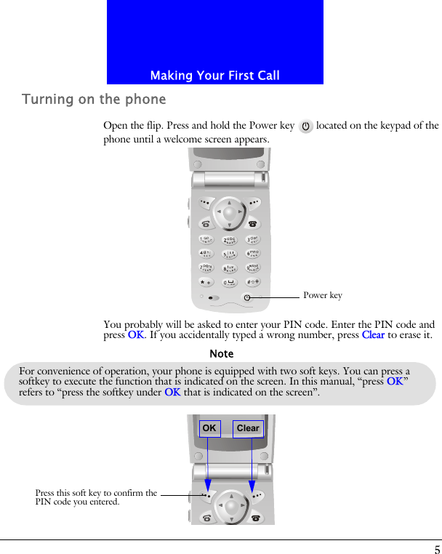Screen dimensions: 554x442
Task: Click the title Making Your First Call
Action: [x=214, y=76]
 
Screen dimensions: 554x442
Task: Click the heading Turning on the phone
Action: [x=94, y=100]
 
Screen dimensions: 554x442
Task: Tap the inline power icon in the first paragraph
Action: [x=305, y=127]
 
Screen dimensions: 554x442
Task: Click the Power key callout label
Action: [x=322, y=295]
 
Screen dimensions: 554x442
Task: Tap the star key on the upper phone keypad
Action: [x=206, y=282]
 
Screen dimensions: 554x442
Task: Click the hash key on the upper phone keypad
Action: [x=253, y=282]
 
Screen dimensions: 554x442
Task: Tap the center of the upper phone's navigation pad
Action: [x=230, y=212]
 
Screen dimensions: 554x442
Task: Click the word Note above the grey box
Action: [x=221, y=354]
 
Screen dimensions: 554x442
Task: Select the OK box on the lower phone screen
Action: [x=209, y=428]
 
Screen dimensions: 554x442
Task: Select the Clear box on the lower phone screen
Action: [x=248, y=428]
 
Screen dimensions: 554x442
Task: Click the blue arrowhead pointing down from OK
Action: [x=208, y=485]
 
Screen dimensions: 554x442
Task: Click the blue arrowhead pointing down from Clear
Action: [x=252, y=485]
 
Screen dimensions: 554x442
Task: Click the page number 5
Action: [x=437, y=549]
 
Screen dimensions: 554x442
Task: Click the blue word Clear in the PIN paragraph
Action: [x=373, y=335]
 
